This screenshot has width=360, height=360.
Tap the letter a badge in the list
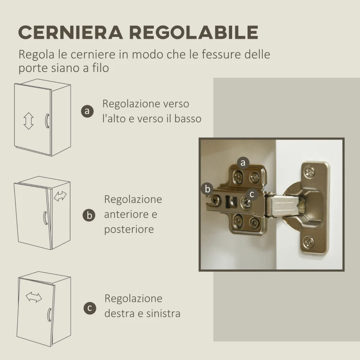point(87,111)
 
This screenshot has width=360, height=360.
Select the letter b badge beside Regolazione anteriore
point(89,215)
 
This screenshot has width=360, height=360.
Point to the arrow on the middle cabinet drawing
point(60,196)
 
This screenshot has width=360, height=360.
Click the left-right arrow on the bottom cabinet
point(33,297)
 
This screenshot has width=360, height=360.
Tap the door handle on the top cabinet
point(46,121)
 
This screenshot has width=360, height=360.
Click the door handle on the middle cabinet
point(45,217)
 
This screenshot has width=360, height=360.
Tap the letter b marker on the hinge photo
point(207,189)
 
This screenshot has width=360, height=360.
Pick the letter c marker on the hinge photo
point(252,194)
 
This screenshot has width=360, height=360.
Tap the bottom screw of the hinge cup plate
point(308,242)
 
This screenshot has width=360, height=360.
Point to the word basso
point(186,119)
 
